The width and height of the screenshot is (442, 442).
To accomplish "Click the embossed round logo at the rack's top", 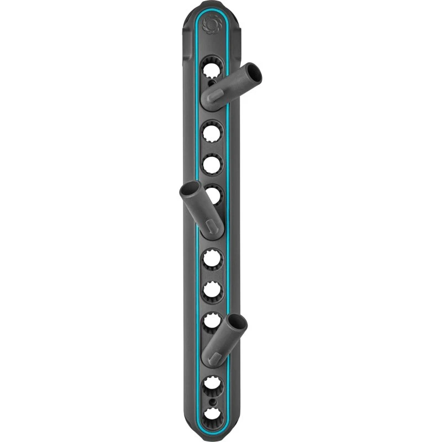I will pyautogui.click(x=212, y=24).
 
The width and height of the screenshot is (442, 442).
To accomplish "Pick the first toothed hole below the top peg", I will pyautogui.click(x=212, y=133).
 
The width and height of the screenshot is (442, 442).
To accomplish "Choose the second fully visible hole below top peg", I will pyautogui.click(x=212, y=164).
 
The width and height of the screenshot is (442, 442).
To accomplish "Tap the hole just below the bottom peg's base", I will pyautogui.click(x=212, y=383).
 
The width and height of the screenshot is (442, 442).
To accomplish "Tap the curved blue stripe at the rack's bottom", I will pyautogui.click(x=212, y=428).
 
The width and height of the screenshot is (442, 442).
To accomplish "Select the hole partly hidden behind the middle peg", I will pyautogui.click(x=213, y=195).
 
